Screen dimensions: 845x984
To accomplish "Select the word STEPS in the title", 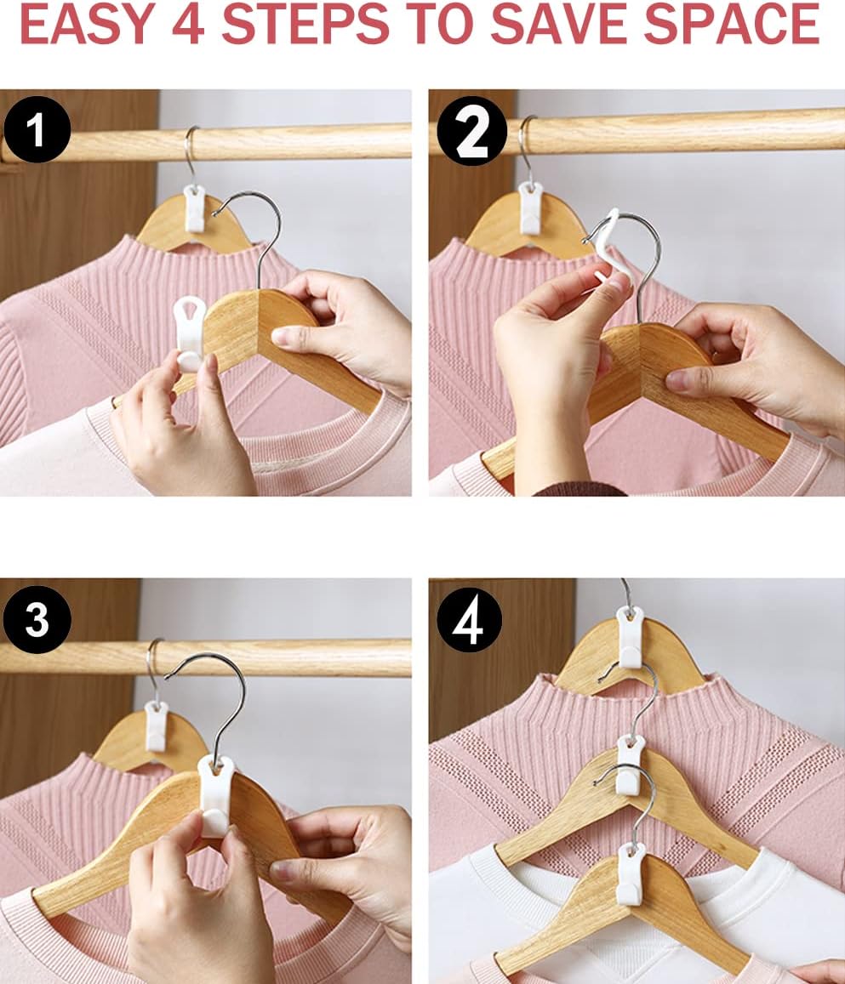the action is [305, 23].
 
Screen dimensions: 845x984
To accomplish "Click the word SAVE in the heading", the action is [560, 23].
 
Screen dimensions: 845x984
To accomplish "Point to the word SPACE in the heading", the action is [732, 23].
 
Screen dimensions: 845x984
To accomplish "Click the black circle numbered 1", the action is [37, 129].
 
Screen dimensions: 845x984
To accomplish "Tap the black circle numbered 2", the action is [472, 131].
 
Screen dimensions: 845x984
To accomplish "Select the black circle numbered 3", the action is [37, 619].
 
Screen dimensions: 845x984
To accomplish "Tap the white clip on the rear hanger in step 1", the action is [195, 208].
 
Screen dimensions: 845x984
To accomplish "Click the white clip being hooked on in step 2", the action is [613, 247].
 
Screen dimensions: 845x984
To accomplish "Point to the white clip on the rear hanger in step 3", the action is [157, 725].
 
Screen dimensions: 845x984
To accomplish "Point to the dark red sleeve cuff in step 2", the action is [580, 489].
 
